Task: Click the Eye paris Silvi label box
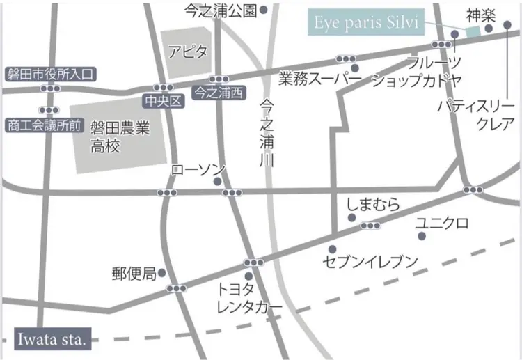(x=365, y=22)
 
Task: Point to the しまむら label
(x=373, y=205)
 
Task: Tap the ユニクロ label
(x=441, y=224)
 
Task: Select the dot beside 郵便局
(x=162, y=272)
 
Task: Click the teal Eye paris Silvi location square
(x=473, y=30)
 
